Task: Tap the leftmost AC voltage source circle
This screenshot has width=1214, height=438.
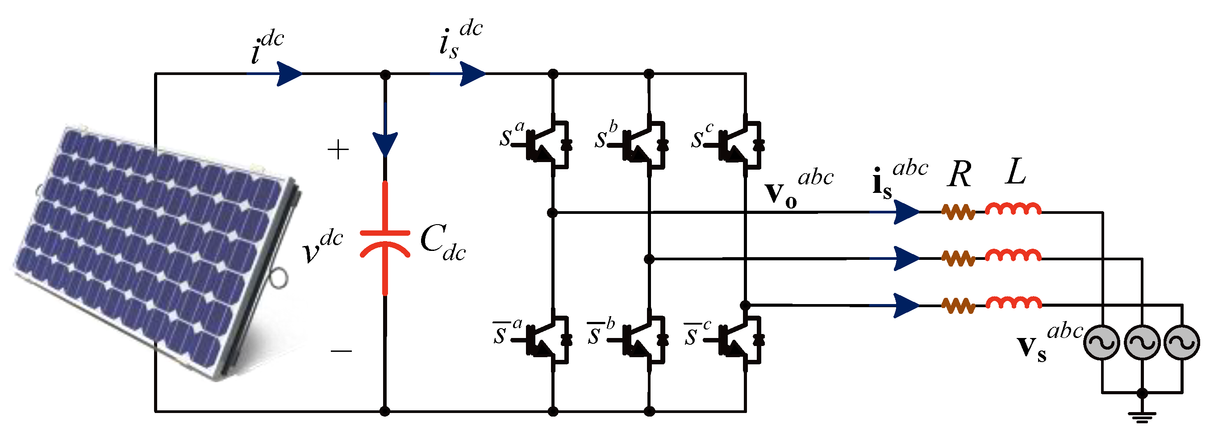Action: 1101,342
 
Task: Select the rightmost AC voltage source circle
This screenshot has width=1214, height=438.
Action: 1181,342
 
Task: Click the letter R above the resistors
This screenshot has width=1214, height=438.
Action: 959,175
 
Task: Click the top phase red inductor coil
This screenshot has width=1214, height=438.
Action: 1013,209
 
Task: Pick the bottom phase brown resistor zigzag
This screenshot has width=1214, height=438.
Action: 958,305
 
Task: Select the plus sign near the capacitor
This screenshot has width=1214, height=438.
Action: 338,150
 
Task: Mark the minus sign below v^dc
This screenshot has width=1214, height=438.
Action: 341,351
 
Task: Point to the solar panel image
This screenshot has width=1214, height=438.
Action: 155,245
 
